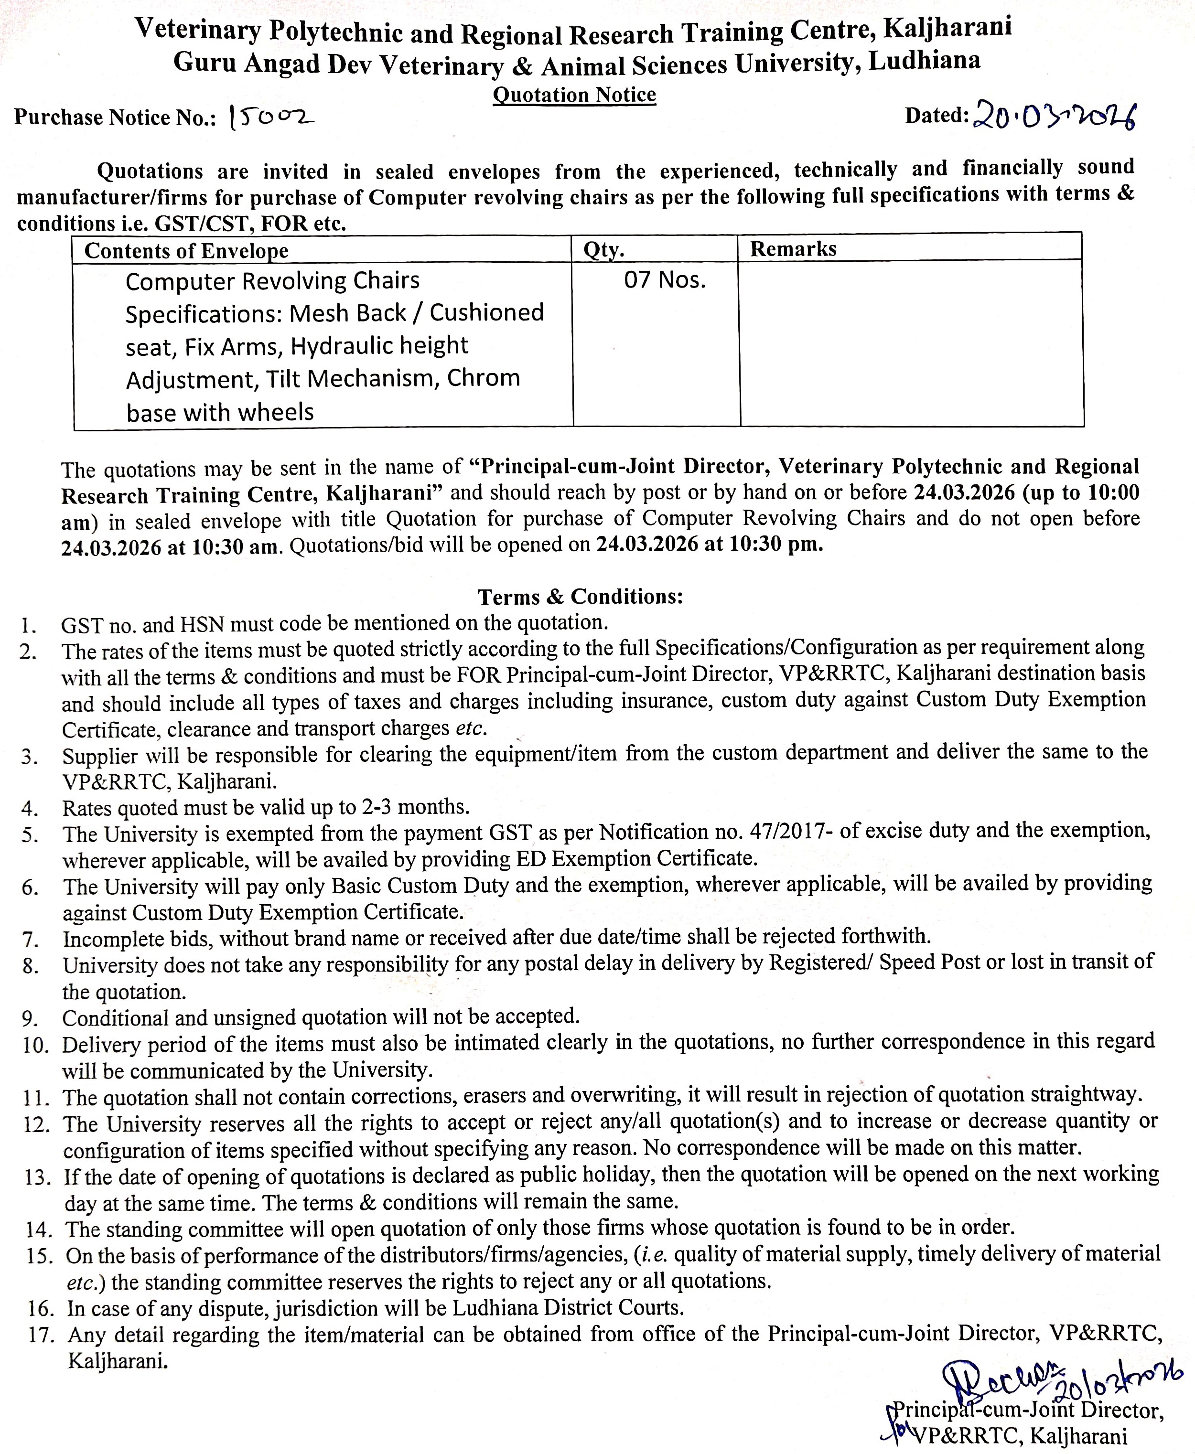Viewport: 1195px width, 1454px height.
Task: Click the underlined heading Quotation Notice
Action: coord(574,95)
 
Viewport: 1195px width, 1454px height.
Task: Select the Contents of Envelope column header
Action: coord(186,250)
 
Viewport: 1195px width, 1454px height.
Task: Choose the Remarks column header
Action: coord(793,249)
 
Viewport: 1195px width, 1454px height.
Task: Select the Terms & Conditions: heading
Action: coord(580,596)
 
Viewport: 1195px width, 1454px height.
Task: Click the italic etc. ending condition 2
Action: coord(472,728)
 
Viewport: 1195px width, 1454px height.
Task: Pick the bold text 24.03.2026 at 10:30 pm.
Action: coord(709,545)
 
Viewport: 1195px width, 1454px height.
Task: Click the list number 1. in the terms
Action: coord(29,626)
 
